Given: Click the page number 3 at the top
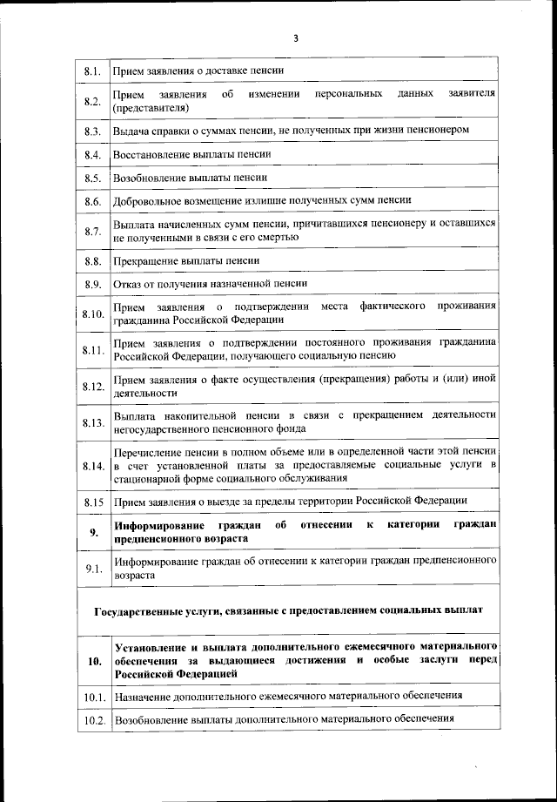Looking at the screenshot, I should tap(295, 38).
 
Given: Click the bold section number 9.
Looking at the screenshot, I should tap(94, 532).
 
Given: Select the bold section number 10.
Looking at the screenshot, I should tap(94, 661).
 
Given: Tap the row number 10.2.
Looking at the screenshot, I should tap(94, 721).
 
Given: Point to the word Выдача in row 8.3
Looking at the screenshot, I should tap(130, 130).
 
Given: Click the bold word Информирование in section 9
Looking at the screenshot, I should tap(160, 526).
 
